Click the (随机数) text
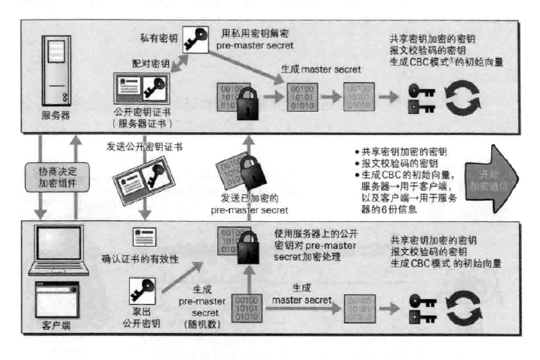(200, 322)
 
